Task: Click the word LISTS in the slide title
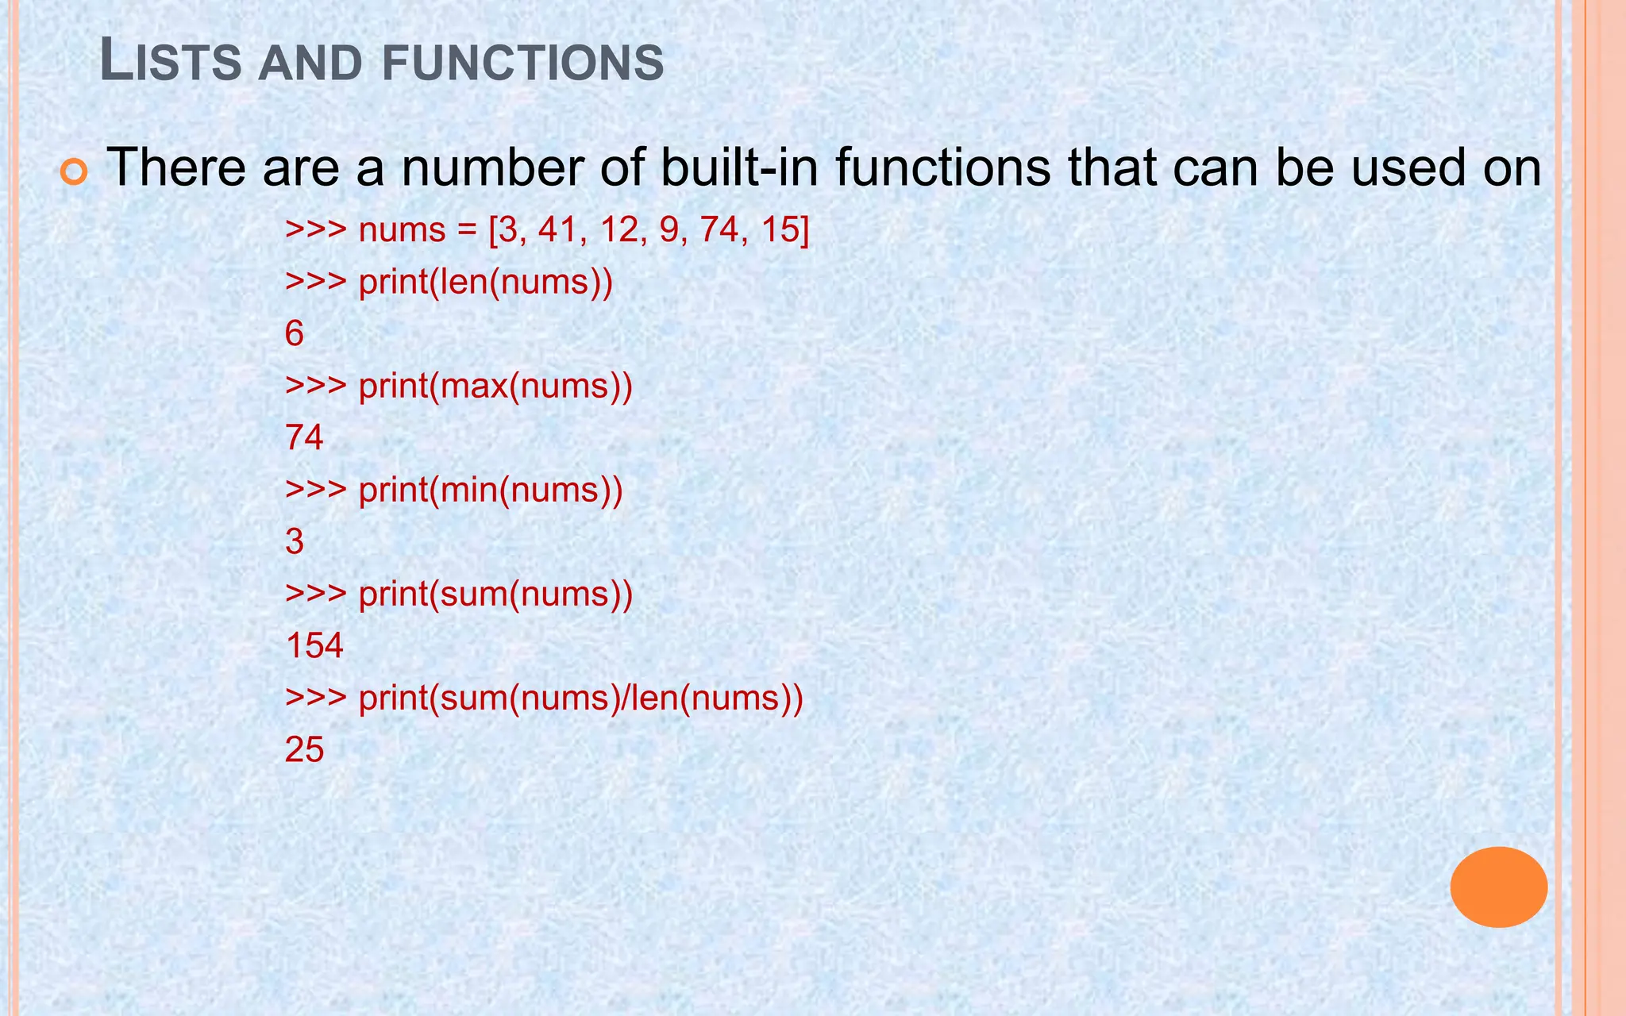(x=171, y=62)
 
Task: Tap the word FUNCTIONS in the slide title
(x=522, y=63)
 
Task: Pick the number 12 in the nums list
(x=621, y=230)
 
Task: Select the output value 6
(x=295, y=334)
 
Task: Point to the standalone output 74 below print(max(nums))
(x=305, y=438)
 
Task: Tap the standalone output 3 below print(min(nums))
(x=295, y=542)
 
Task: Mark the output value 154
(x=314, y=646)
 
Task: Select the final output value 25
(x=305, y=750)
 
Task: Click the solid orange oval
(x=1498, y=887)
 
